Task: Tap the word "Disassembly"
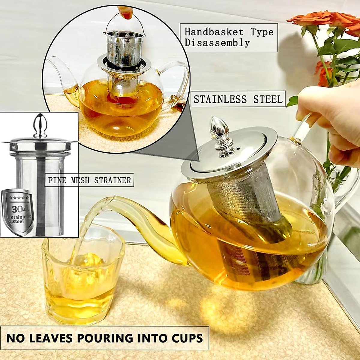coord(217,43)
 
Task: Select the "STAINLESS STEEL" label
coord(238,99)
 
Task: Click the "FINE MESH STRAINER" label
coord(89,180)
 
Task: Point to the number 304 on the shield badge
coord(18,208)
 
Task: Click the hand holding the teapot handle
coord(333,120)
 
